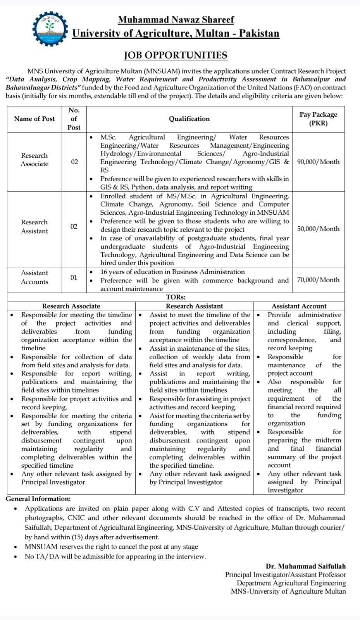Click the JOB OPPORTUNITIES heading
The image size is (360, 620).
point(176,55)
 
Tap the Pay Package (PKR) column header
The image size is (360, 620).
point(318,119)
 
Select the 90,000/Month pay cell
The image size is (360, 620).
point(318,162)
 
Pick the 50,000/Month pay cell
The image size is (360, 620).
point(318,229)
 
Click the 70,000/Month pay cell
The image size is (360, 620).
point(318,280)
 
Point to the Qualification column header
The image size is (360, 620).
point(189,119)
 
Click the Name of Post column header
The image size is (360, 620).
point(34,119)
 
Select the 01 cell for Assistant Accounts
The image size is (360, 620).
point(74,277)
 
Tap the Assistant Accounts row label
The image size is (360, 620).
point(34,277)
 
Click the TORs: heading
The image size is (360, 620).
point(176,297)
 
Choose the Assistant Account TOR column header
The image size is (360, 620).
point(299,306)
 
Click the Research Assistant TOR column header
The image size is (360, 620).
point(195,306)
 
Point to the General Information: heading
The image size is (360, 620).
point(38,499)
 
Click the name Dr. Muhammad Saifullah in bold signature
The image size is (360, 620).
point(306,567)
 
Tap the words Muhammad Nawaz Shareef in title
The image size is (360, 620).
point(176,19)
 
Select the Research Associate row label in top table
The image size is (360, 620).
point(34,160)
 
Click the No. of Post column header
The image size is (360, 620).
point(74,119)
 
